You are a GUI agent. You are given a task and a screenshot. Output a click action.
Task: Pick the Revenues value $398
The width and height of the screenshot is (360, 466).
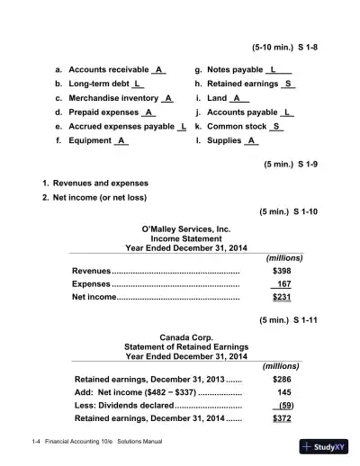coord(282,271)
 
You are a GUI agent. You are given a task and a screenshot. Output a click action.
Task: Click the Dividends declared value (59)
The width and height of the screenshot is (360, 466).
coord(283,406)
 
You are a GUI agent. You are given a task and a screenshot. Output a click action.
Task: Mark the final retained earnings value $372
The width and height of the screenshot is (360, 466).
coord(282,419)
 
